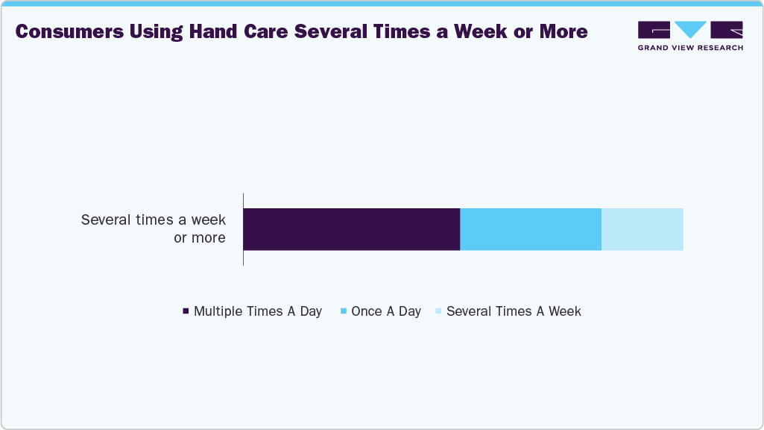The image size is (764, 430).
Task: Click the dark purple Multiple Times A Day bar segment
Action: click(x=351, y=229)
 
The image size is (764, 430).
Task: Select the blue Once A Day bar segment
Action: click(x=531, y=229)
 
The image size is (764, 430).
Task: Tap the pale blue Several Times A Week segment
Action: click(x=642, y=229)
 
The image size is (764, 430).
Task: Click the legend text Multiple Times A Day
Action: click(x=258, y=311)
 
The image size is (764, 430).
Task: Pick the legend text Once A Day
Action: click(x=386, y=311)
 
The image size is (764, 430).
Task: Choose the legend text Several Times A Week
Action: click(x=514, y=311)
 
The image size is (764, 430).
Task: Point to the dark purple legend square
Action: click(x=186, y=311)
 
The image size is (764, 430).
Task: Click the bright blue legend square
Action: click(x=343, y=311)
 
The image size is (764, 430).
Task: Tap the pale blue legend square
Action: click(x=438, y=311)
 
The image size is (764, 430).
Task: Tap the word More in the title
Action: click(x=564, y=32)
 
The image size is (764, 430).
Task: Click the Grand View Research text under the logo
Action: click(x=690, y=48)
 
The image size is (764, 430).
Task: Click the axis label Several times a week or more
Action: click(x=154, y=229)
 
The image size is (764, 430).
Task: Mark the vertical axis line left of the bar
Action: click(x=243, y=229)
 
